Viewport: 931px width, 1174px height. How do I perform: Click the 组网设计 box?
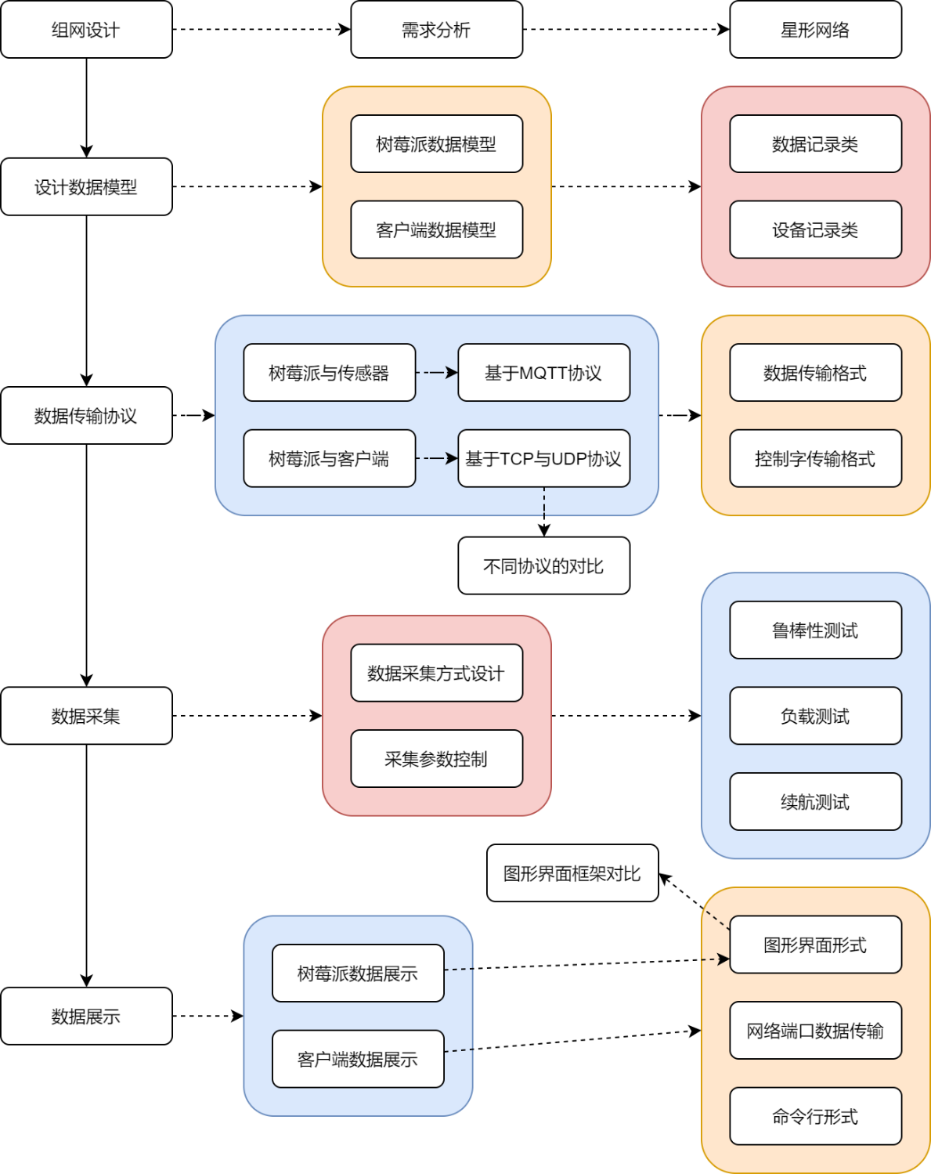click(86, 30)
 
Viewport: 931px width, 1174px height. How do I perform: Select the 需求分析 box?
click(436, 30)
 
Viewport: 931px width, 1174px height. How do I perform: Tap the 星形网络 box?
click(815, 30)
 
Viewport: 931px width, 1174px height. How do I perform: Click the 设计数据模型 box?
click(86, 186)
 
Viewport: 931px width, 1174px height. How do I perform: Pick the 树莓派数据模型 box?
click(436, 144)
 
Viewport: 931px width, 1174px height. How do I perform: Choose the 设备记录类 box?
click(815, 229)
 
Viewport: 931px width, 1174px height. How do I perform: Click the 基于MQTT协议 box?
click(543, 373)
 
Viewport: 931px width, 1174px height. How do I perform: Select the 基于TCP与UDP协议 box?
click(543, 458)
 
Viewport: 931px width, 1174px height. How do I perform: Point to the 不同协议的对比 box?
click(543, 565)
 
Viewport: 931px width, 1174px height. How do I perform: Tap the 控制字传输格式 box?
click(815, 458)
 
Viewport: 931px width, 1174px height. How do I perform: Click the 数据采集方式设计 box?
click(436, 673)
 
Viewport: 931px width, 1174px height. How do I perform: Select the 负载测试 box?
click(815, 716)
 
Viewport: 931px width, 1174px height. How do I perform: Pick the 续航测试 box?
click(815, 801)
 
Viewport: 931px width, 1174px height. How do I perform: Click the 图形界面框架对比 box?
click(572, 873)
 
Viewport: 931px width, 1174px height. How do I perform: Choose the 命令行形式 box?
click(815, 1116)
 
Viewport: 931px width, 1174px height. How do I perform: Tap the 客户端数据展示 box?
click(358, 1059)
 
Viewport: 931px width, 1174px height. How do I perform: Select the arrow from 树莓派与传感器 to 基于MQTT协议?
click(436, 373)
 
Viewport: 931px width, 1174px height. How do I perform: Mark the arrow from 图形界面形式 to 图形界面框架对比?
click(695, 901)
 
